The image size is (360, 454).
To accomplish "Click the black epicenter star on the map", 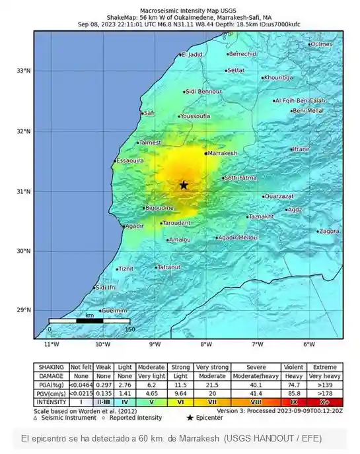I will [184, 185].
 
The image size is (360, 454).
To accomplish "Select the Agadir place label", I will [135, 226].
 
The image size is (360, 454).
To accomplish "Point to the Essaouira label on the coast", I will [130, 160].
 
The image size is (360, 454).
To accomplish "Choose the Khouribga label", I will [278, 78].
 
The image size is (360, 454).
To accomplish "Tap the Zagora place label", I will [328, 232].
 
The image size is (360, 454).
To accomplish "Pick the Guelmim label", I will [114, 310].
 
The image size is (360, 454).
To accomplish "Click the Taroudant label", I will [176, 223].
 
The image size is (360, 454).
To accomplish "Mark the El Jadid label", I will [192, 55].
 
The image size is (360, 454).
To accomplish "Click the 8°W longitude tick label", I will [206, 344].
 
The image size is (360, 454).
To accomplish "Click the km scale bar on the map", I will [89, 321].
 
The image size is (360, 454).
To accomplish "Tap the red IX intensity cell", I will [293, 401].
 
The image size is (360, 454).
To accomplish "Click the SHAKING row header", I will [51, 368].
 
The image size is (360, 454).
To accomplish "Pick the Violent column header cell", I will [293, 368].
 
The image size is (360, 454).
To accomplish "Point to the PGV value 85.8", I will [293, 392].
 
